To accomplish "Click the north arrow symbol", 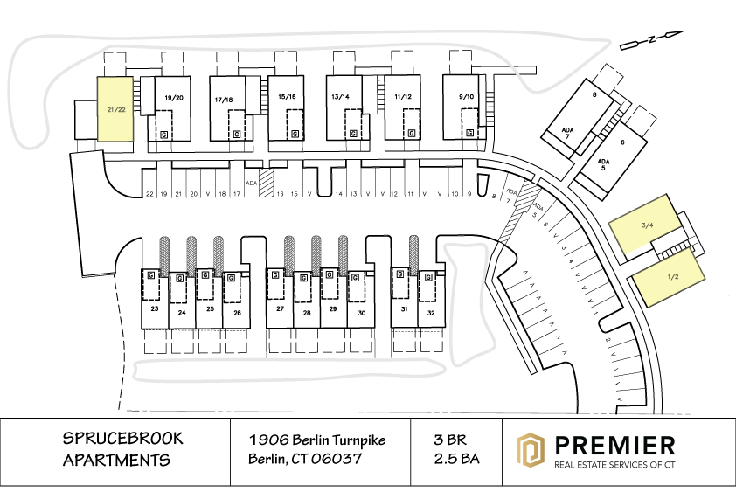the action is (x=651, y=40).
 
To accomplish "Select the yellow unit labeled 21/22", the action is (x=115, y=109).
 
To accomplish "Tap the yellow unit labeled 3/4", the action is (x=645, y=225).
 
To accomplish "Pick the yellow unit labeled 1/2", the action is (x=670, y=277).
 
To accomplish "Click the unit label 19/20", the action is (x=174, y=98).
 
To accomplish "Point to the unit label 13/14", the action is (x=340, y=97).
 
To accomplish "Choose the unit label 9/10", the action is (x=466, y=97).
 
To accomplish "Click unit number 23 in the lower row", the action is (x=155, y=308).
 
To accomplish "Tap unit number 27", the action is (x=281, y=308).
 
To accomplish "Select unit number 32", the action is (x=431, y=313).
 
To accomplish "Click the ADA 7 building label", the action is (x=567, y=133).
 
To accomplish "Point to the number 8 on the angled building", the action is (x=594, y=95).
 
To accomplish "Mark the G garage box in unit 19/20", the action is (x=163, y=135).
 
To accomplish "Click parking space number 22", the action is (x=149, y=194).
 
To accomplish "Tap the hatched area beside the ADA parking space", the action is (x=266, y=184).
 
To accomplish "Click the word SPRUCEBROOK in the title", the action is (x=123, y=439).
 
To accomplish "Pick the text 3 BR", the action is (x=450, y=440).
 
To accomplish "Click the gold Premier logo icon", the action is (x=531, y=450).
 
